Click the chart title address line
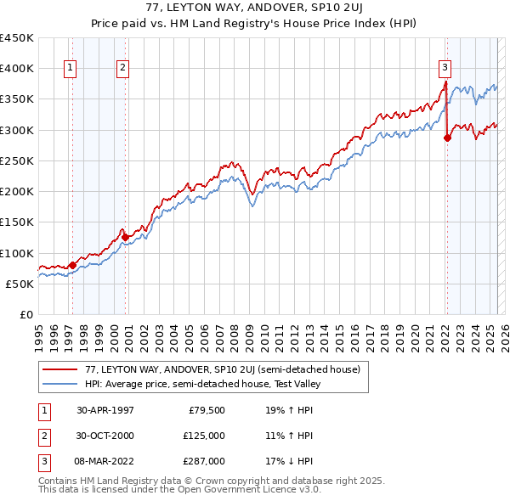coord(254,8)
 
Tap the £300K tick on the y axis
coord(17,130)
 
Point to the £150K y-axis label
coord(17,222)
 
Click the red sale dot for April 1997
coord(72,265)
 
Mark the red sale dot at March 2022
coord(447,138)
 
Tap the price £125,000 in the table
coord(204,436)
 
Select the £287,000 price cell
coord(204,461)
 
